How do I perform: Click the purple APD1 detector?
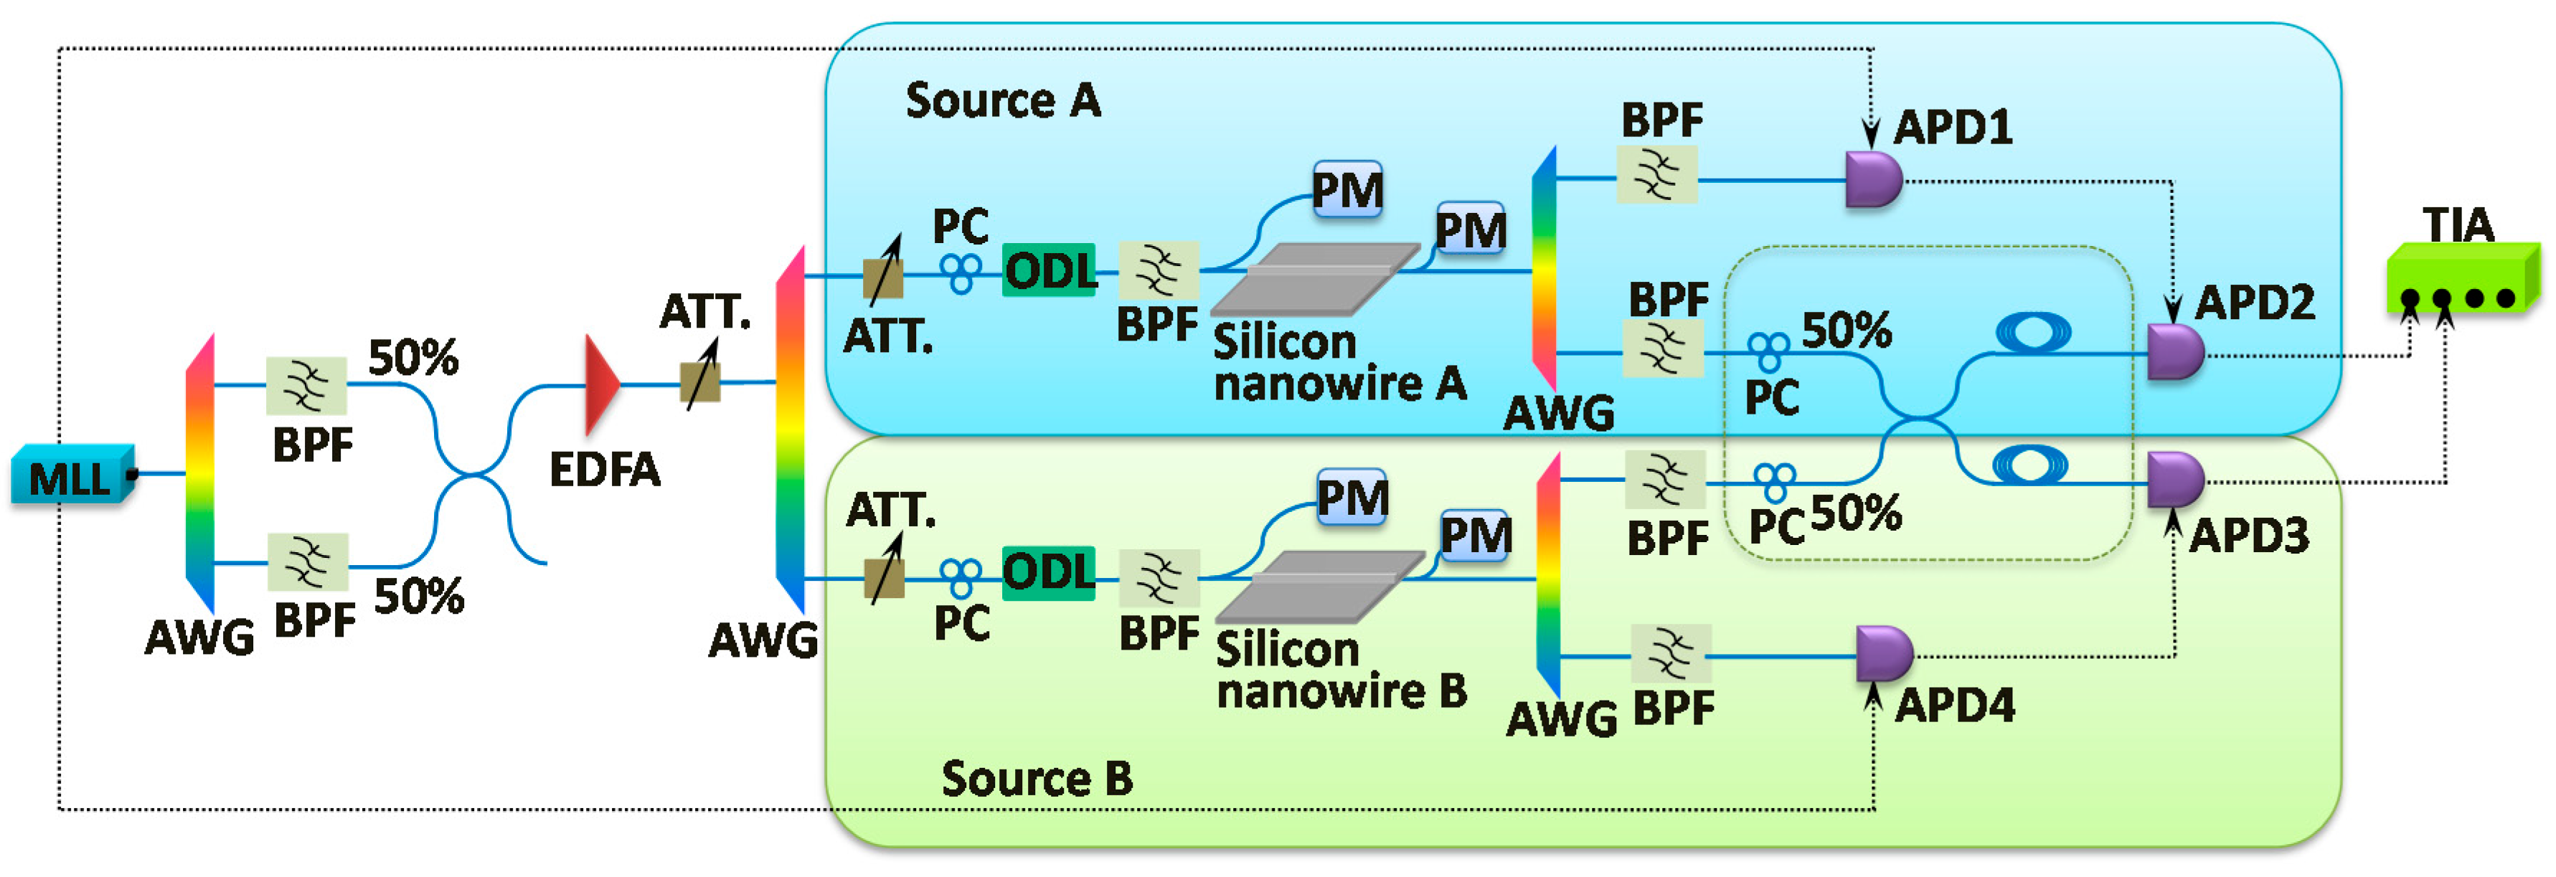tap(1872, 179)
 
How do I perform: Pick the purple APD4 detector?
tap(1882, 654)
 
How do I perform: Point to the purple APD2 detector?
tap(2173, 352)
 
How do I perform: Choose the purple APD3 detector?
tap(2173, 480)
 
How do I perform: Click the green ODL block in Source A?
tap(1049, 270)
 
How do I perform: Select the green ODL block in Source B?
tap(1049, 572)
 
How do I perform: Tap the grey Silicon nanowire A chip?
tap(1315, 280)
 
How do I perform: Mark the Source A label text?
tap(1002, 101)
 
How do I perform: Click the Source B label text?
tap(1036, 779)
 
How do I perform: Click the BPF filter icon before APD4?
tap(1671, 653)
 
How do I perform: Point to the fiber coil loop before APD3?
tap(2029, 463)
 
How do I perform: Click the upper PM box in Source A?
tap(1347, 189)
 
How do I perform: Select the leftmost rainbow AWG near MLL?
tap(200, 474)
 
